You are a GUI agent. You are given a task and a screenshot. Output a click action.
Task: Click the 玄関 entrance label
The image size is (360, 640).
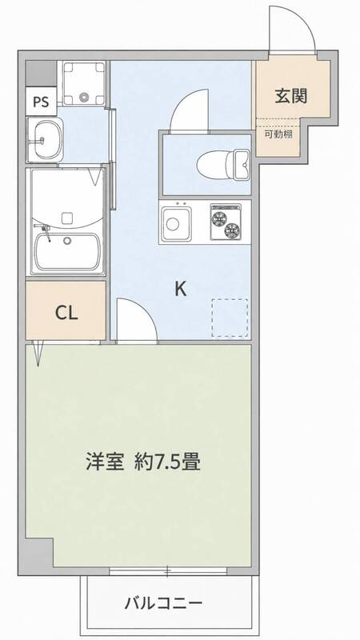coord(290,96)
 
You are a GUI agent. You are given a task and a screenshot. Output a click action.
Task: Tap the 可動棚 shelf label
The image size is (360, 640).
coord(278,135)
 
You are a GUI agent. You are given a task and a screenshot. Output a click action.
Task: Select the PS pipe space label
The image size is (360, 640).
coord(41,102)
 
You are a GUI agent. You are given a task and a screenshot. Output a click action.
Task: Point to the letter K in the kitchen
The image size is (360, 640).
coord(181,289)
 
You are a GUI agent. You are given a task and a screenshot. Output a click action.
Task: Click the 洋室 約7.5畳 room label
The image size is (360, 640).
coord(143,462)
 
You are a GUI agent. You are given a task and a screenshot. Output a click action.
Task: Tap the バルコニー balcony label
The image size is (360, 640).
coord(163,602)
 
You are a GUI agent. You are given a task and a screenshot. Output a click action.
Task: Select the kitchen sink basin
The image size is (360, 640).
coord(176,223)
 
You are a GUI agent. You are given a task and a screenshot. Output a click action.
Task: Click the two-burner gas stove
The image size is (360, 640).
coord(226,222)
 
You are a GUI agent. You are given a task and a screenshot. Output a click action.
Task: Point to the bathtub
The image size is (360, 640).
coord(67,252)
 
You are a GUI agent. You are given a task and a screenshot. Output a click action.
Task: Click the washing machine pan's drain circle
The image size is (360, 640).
coord(85,97)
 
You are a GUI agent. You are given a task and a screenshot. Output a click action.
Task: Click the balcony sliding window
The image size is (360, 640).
coord(168,570)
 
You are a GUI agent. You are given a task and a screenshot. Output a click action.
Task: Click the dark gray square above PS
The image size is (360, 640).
coord(41,74)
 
